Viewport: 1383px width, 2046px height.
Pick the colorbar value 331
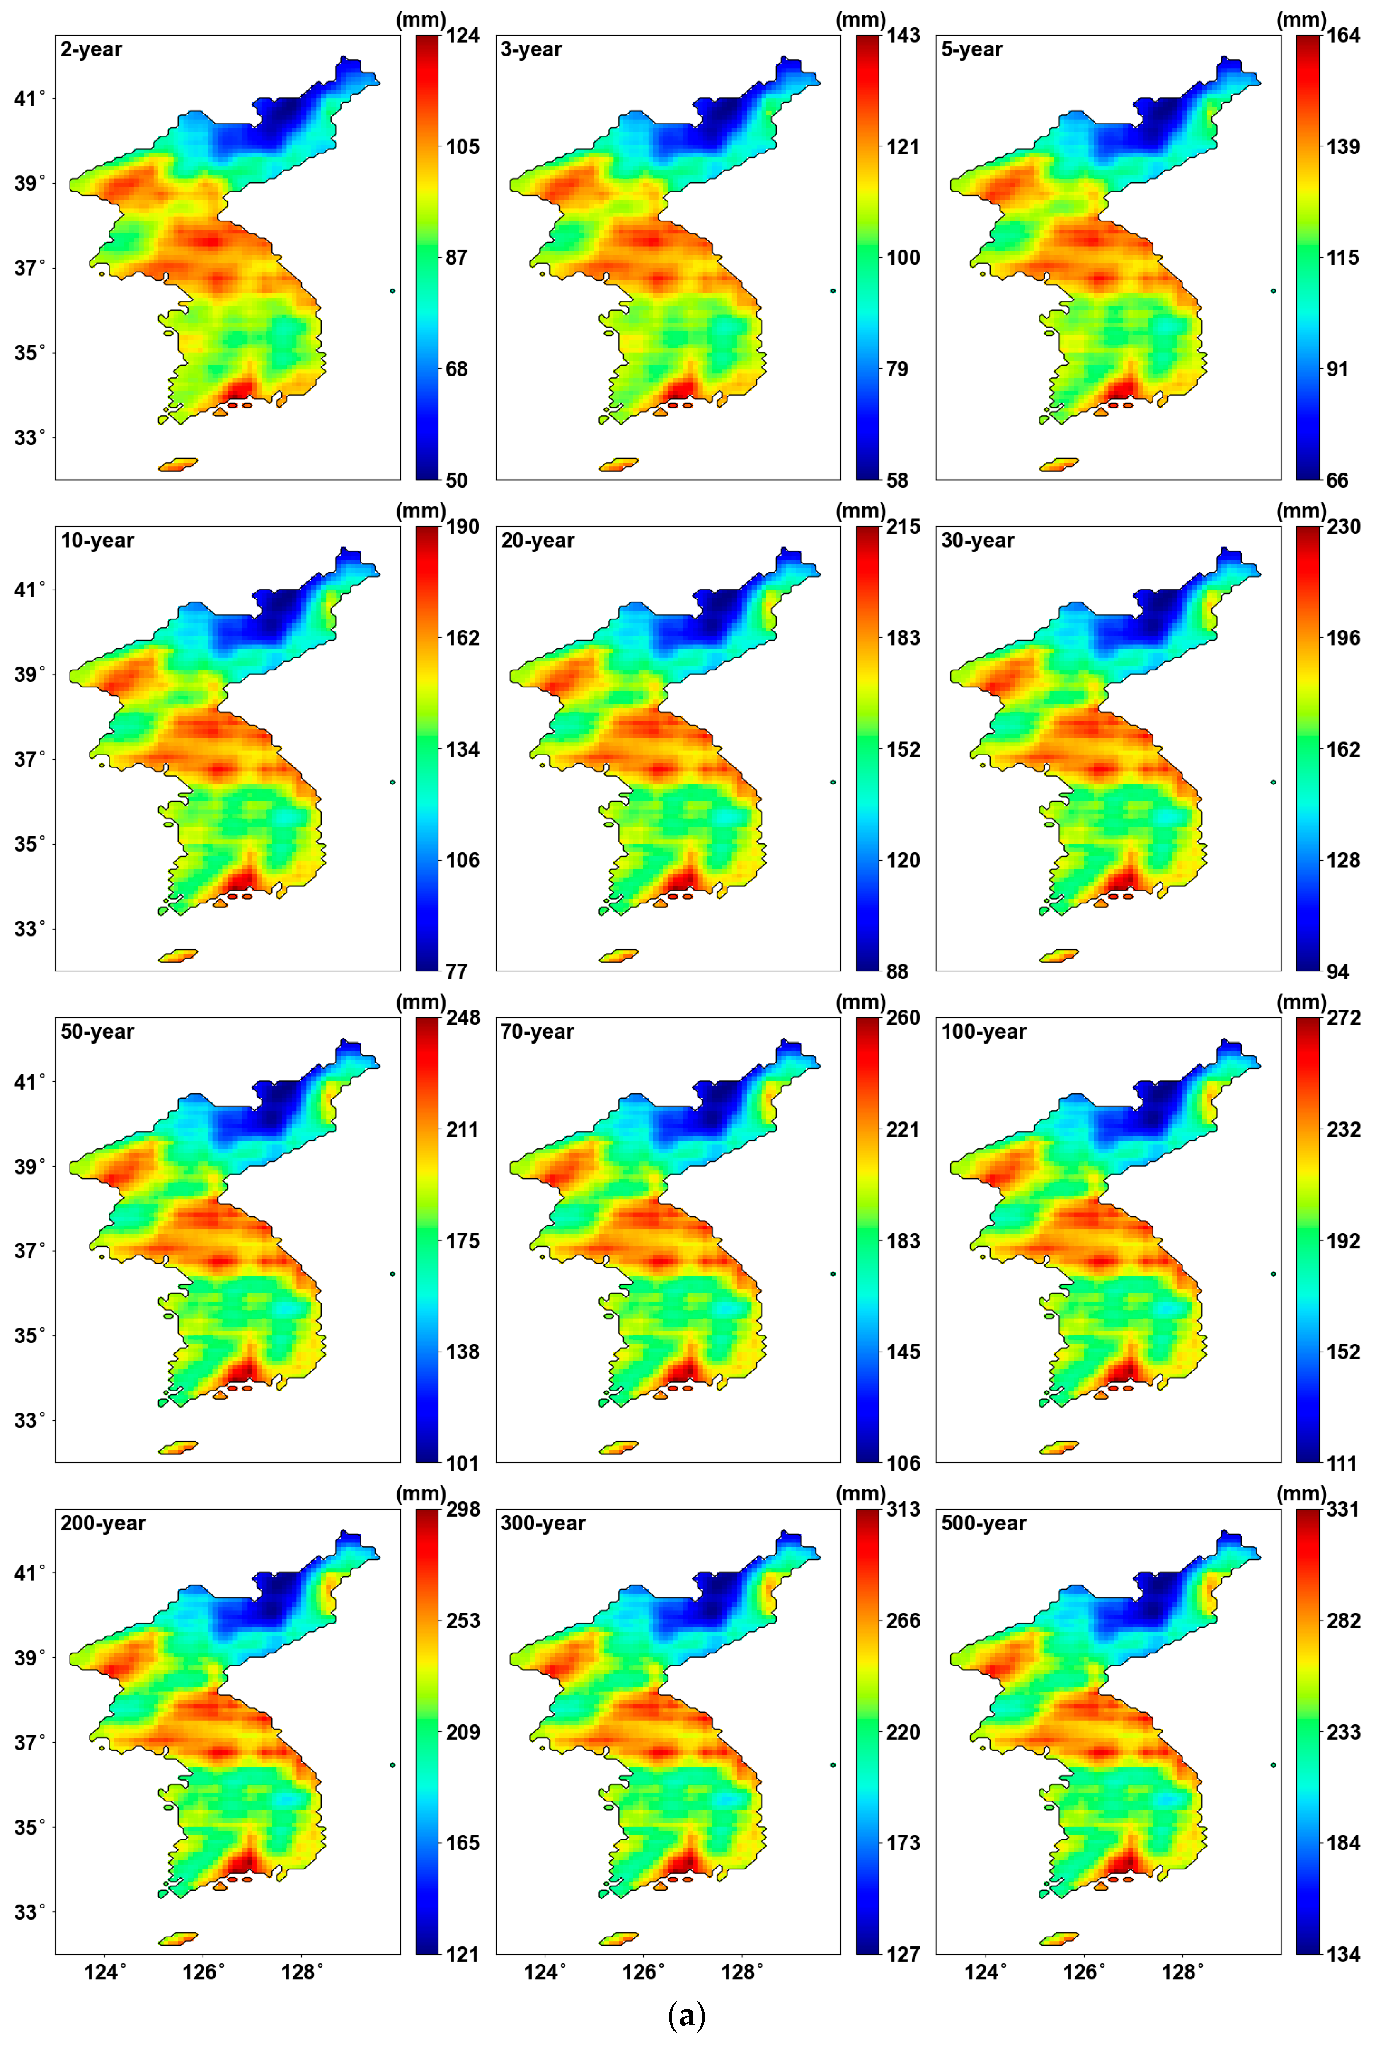pyautogui.click(x=1343, y=1510)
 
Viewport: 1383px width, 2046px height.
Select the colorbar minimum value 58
pyautogui.click(x=897, y=481)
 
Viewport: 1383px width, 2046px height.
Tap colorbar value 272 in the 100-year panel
pyautogui.click(x=1343, y=1019)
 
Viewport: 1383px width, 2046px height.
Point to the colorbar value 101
pyautogui.click(x=462, y=1463)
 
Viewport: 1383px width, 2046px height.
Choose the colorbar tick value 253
pyautogui.click(x=463, y=1621)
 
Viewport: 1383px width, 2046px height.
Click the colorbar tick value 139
pyautogui.click(x=1343, y=147)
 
